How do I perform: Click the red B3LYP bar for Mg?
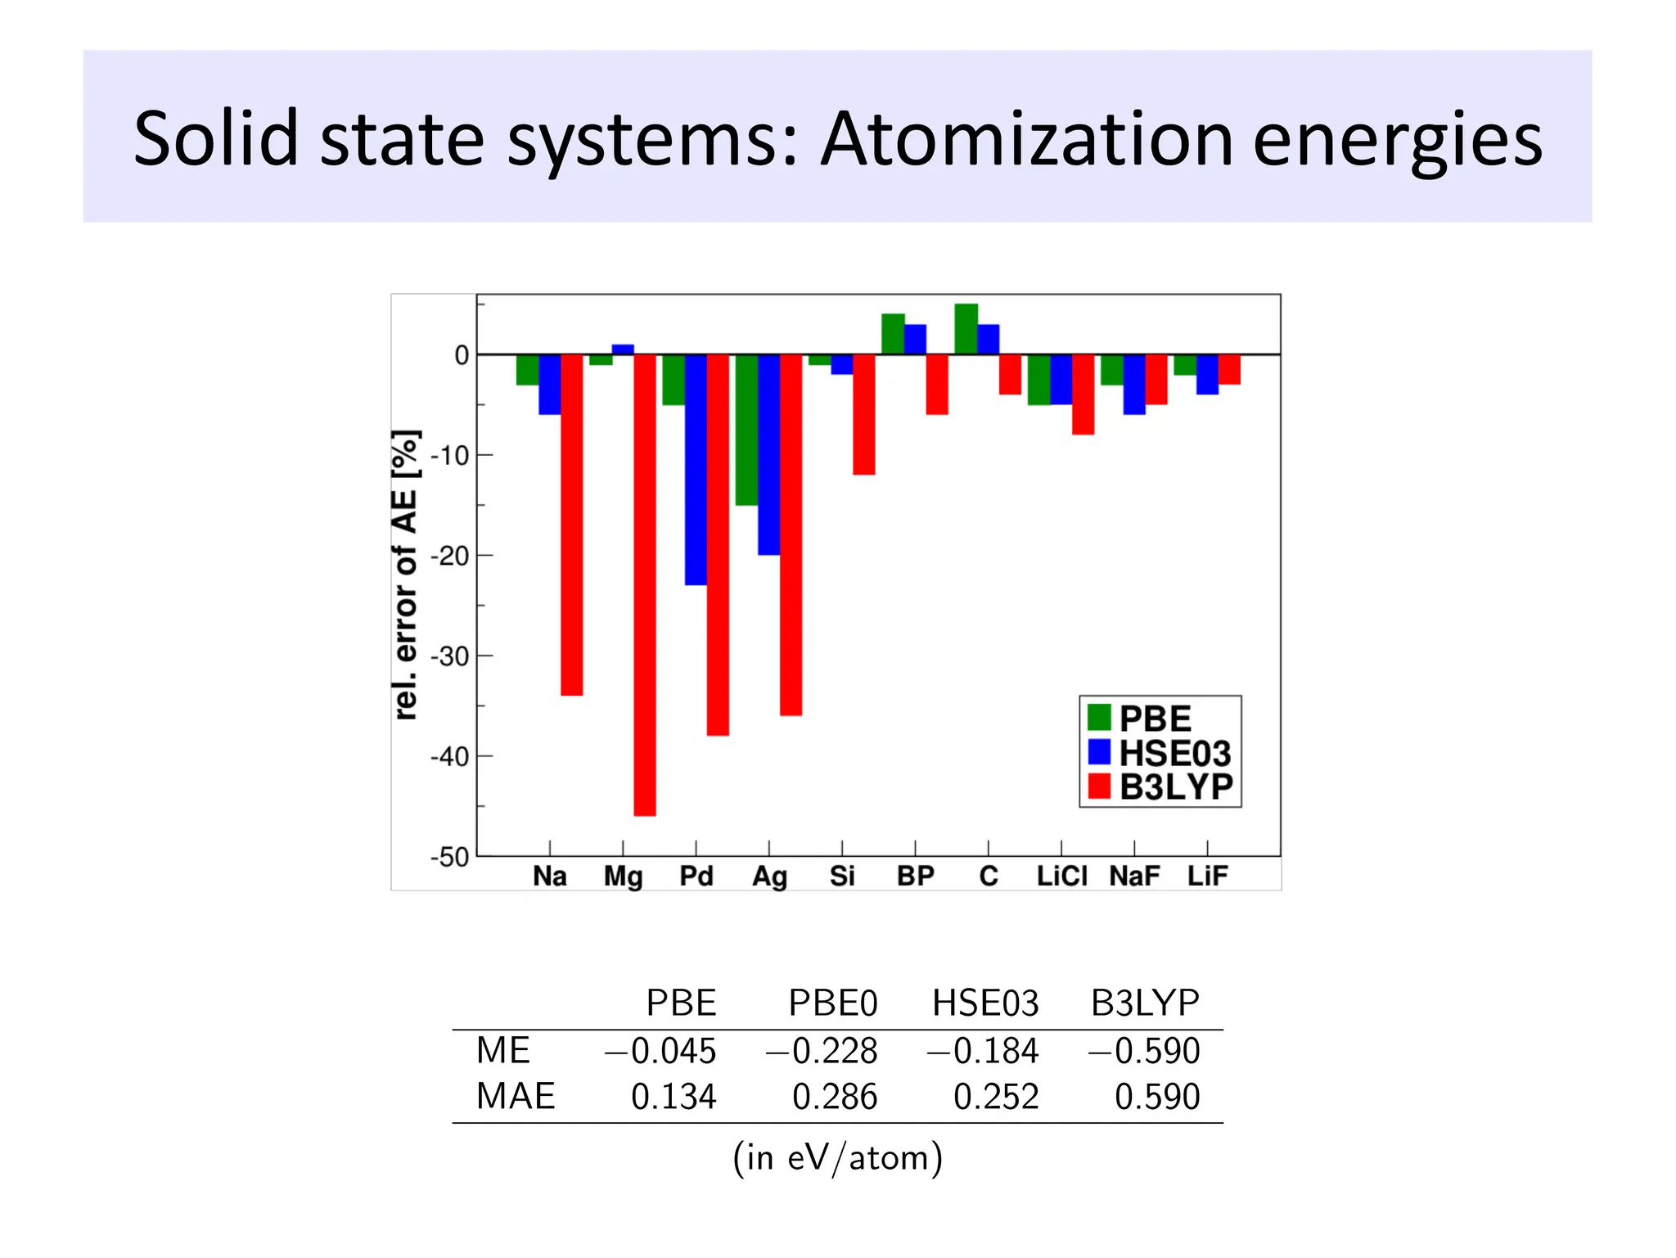point(645,584)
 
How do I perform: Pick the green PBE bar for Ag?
point(746,429)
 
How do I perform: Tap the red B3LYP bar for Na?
point(571,524)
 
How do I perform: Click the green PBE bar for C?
point(966,329)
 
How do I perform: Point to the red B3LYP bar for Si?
point(864,414)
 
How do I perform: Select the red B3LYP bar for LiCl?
point(1083,394)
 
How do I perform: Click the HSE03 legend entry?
point(1160,752)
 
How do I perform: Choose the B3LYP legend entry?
point(1160,787)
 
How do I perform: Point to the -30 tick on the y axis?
point(450,656)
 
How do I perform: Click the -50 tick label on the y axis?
point(450,857)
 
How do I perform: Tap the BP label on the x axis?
point(915,877)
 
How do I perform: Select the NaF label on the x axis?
point(1134,877)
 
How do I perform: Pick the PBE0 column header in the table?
point(832,1003)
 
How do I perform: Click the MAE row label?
point(516,1096)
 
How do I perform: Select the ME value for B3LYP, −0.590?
point(1143,1051)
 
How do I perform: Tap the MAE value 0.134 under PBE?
point(673,1097)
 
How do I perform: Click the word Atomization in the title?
point(1026,139)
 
